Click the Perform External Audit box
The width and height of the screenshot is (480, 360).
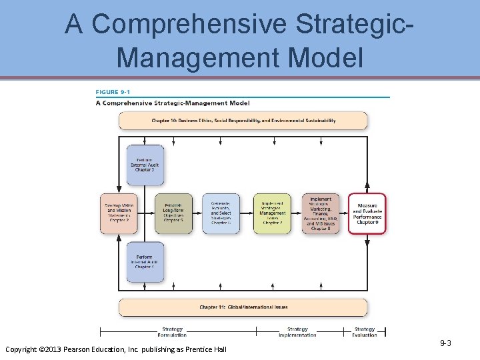(145, 164)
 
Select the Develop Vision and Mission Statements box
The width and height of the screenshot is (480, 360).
(119, 213)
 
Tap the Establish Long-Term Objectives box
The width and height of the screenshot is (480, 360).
(173, 213)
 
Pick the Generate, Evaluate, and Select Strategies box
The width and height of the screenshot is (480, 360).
(221, 213)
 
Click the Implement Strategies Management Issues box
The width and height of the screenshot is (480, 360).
(272, 213)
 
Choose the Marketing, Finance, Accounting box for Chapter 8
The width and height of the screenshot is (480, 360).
(320, 213)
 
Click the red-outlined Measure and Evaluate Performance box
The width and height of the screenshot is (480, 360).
(367, 213)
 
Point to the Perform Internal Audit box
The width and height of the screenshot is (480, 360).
(145, 261)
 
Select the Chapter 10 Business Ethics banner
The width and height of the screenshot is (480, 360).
(243, 121)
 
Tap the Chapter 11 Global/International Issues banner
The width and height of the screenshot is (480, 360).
(243, 307)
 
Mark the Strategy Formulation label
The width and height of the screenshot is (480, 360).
(172, 332)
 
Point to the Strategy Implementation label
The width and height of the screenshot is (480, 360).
(297, 332)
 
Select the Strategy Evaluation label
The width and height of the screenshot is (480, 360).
(364, 332)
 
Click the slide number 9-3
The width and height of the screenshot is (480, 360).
(446, 343)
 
